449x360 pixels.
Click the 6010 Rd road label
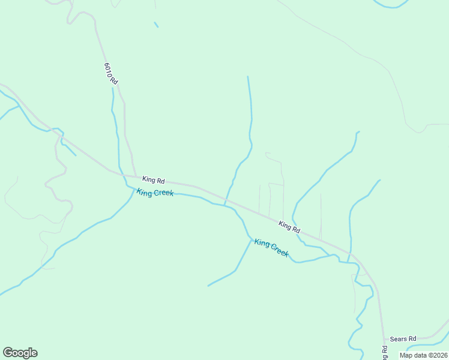tap(110, 73)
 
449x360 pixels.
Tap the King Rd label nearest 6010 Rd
tap(153, 179)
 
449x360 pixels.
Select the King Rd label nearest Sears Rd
tap(289, 227)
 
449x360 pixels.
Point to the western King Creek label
tap(155, 193)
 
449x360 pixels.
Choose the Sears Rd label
tap(403, 339)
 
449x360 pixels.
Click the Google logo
tap(20, 353)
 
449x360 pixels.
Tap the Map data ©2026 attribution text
tap(423, 355)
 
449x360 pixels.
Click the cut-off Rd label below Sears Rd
tap(384, 353)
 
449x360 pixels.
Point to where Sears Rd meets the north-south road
tap(384, 340)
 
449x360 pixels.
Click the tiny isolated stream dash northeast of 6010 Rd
tap(156, 25)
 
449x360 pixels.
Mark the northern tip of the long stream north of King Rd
tap(248, 77)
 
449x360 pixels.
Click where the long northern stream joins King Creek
tap(224, 205)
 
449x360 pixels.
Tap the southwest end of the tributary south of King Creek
tap(208, 286)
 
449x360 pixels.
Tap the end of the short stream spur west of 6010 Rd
tap(76, 155)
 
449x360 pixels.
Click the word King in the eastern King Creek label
tap(262, 242)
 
